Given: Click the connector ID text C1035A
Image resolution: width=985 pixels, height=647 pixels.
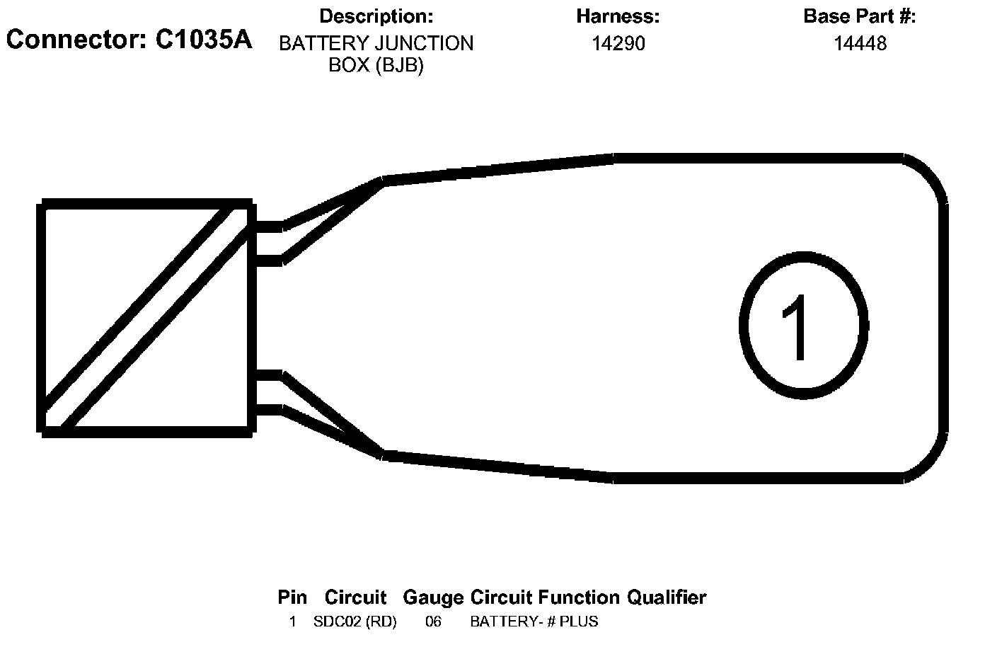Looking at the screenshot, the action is tap(204, 40).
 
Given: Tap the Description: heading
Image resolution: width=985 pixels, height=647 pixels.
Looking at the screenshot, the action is tap(376, 16).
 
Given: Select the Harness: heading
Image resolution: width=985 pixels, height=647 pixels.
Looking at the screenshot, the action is tap(618, 16).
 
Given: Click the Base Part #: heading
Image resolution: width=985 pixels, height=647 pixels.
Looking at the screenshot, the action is tap(859, 16).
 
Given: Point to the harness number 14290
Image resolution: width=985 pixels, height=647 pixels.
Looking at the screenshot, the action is tap(618, 44).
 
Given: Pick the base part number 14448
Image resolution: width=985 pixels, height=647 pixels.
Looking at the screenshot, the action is tap(860, 44).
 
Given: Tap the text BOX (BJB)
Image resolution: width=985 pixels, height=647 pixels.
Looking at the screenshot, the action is tap(376, 65).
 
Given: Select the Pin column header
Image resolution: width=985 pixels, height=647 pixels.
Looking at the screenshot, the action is tap(292, 597).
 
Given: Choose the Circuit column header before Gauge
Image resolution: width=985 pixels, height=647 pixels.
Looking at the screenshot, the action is tap(355, 597).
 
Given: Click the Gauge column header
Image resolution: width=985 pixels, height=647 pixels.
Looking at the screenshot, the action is tap(433, 597).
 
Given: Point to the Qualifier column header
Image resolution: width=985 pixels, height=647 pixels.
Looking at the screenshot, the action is tap(666, 597).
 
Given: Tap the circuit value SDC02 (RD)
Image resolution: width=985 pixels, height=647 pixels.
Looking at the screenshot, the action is tap(355, 622).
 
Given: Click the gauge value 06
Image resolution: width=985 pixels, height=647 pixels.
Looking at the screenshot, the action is tap(433, 622).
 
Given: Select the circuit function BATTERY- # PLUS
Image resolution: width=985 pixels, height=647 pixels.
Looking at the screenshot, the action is tap(534, 622).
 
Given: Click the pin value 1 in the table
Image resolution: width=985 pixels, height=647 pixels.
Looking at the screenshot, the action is tap(292, 622).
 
